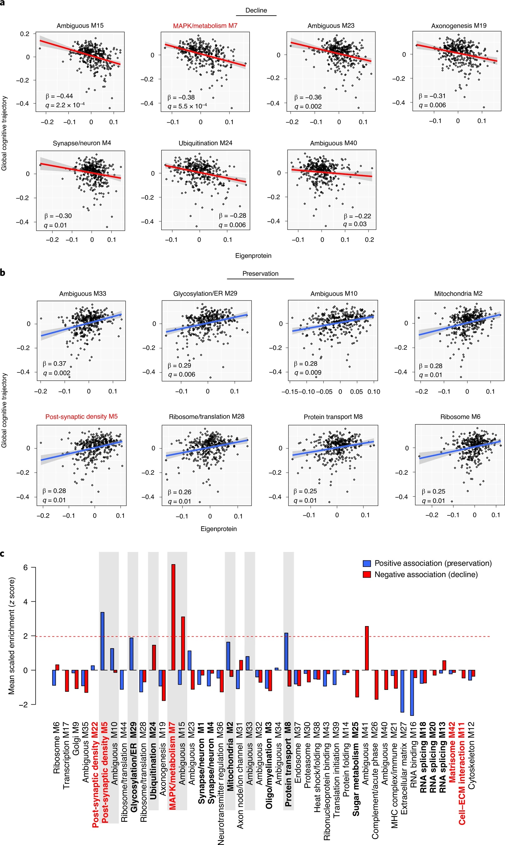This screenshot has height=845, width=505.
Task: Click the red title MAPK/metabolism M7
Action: coord(205,26)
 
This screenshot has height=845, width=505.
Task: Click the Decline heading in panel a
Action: coord(256,11)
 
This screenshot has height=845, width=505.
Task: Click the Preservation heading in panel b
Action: coord(260,274)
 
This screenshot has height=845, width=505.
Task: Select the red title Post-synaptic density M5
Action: coord(81,417)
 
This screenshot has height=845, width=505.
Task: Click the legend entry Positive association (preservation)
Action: coord(432,564)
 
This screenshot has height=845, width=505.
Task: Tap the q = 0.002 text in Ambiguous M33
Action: coord(57,373)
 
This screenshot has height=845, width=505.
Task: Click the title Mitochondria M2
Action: coord(458,294)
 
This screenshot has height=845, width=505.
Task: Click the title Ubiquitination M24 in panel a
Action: coord(205,143)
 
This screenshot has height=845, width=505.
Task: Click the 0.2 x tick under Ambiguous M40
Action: coord(369,240)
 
